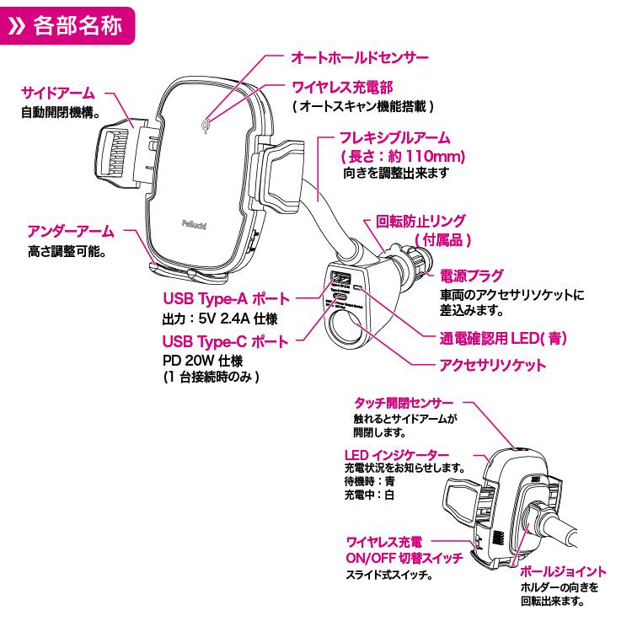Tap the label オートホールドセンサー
pyautogui.click(x=360, y=58)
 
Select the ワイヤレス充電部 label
pyautogui.click(x=342, y=88)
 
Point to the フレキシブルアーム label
pyautogui.click(x=394, y=137)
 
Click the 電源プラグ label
pyautogui.click(x=472, y=276)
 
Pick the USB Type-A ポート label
pyautogui.click(x=226, y=299)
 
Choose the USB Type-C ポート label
pyautogui.click(x=226, y=341)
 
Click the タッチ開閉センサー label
pyautogui.click(x=404, y=403)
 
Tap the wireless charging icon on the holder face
pyautogui.click(x=206, y=128)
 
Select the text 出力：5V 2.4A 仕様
pyautogui.click(x=219, y=319)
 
